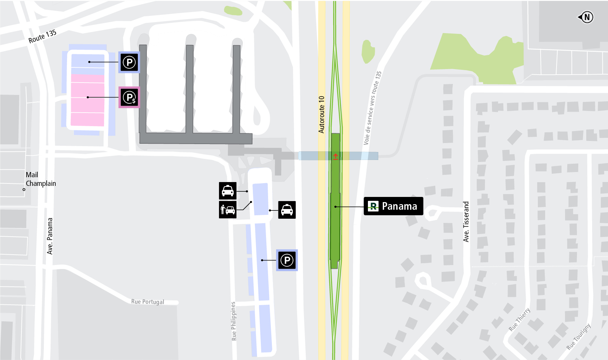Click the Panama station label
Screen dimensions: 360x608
pyautogui.click(x=393, y=206)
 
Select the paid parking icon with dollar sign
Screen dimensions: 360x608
pyautogui.click(x=129, y=97)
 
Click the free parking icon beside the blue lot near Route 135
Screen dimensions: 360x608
pyautogui.click(x=129, y=63)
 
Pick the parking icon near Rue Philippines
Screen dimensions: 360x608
pyautogui.click(x=287, y=260)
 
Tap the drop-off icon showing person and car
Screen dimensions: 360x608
pyautogui.click(x=228, y=209)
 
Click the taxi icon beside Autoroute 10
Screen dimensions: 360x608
pyautogui.click(x=287, y=210)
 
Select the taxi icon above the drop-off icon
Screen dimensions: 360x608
pyautogui.click(x=228, y=191)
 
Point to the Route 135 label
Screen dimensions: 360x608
pyautogui.click(x=42, y=36)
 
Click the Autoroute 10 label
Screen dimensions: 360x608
pyautogui.click(x=322, y=114)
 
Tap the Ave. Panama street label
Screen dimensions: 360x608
pyautogui.click(x=50, y=236)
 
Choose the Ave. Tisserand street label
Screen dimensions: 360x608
pyautogui.click(x=466, y=221)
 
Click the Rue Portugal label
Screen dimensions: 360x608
pyautogui.click(x=148, y=302)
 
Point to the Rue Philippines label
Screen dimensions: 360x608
pyautogui.click(x=234, y=321)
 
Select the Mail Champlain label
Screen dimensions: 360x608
pyautogui.click(x=40, y=179)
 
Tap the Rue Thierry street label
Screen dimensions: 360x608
pyautogui.click(x=519, y=320)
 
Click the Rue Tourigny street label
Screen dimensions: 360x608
pyautogui.click(x=579, y=336)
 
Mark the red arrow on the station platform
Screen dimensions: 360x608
pyautogui.click(x=335, y=157)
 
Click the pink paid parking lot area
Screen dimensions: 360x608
pyautogui.click(x=87, y=100)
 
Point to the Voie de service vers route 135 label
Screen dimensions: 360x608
pyautogui.click(x=372, y=108)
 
